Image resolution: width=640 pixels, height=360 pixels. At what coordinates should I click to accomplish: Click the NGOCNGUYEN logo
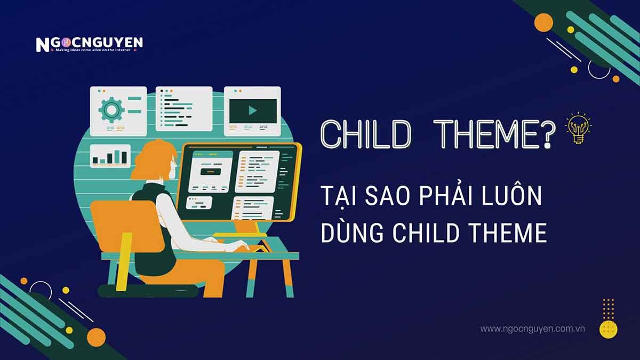89,44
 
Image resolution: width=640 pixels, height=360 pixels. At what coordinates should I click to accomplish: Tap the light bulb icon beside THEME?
579,128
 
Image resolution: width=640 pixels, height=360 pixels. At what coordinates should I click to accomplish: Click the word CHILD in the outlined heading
366,134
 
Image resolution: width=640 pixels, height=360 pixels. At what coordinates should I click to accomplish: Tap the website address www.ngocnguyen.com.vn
532,329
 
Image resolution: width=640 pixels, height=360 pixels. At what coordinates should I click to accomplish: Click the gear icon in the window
111,109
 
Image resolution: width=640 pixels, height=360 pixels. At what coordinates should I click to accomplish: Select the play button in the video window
253,110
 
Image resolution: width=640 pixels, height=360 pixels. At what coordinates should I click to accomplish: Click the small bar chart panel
110,156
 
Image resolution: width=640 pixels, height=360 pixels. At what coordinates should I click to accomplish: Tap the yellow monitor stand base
240,235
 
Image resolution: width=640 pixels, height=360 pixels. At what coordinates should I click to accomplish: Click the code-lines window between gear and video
184,109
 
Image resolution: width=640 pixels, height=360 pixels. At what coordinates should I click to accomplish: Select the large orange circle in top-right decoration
543,22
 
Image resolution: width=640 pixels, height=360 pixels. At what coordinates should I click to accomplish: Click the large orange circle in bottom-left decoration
97,338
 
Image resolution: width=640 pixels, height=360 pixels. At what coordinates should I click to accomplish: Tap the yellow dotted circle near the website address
609,330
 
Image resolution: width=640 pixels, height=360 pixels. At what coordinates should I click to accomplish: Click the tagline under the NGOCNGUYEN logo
93,50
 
